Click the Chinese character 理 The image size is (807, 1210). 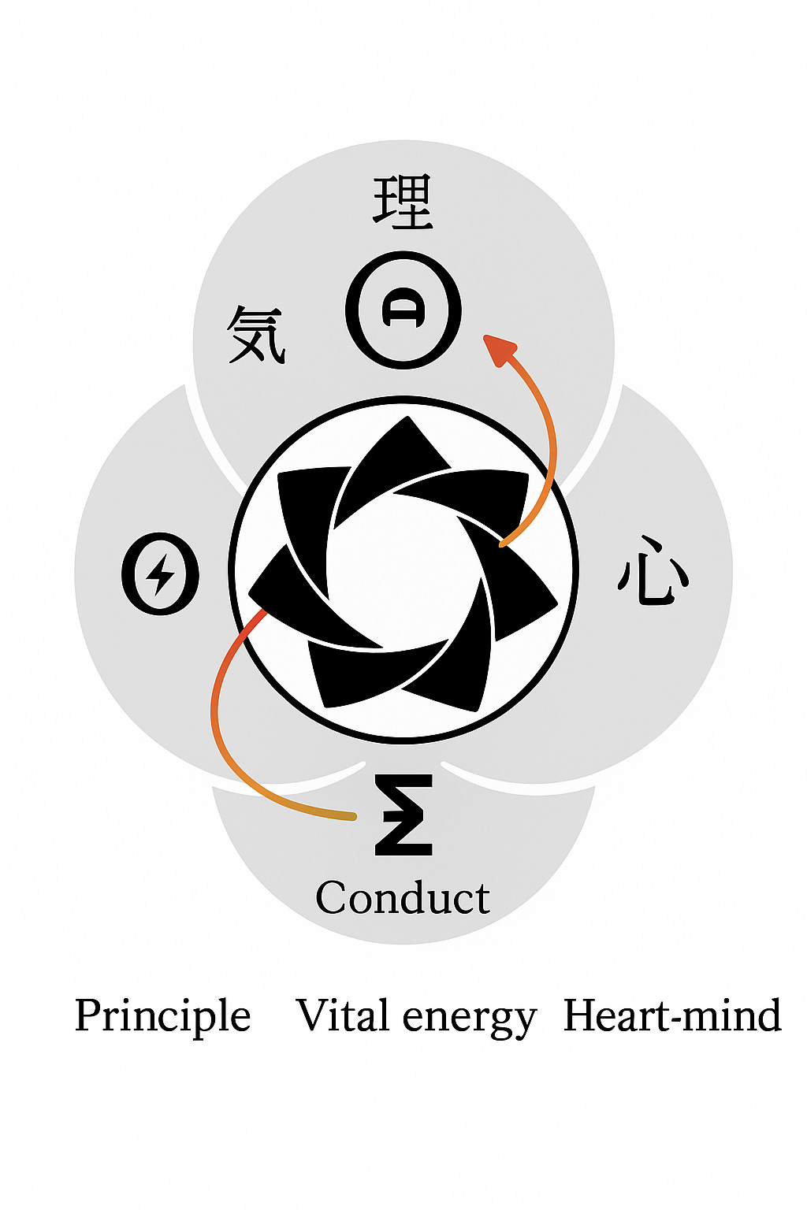pyautogui.click(x=403, y=202)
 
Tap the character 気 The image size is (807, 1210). pyautogui.click(x=256, y=335)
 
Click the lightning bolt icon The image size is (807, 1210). pyautogui.click(x=161, y=573)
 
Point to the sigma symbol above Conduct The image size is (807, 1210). pyautogui.click(x=403, y=815)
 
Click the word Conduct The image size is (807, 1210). pyautogui.click(x=402, y=898)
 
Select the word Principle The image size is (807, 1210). pyautogui.click(x=162, y=1016)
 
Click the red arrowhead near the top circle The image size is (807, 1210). pyautogui.click(x=498, y=348)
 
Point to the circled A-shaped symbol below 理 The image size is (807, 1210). pyautogui.click(x=403, y=310)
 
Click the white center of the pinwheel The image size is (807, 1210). pyautogui.click(x=403, y=569)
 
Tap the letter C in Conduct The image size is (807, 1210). pyautogui.click(x=331, y=898)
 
